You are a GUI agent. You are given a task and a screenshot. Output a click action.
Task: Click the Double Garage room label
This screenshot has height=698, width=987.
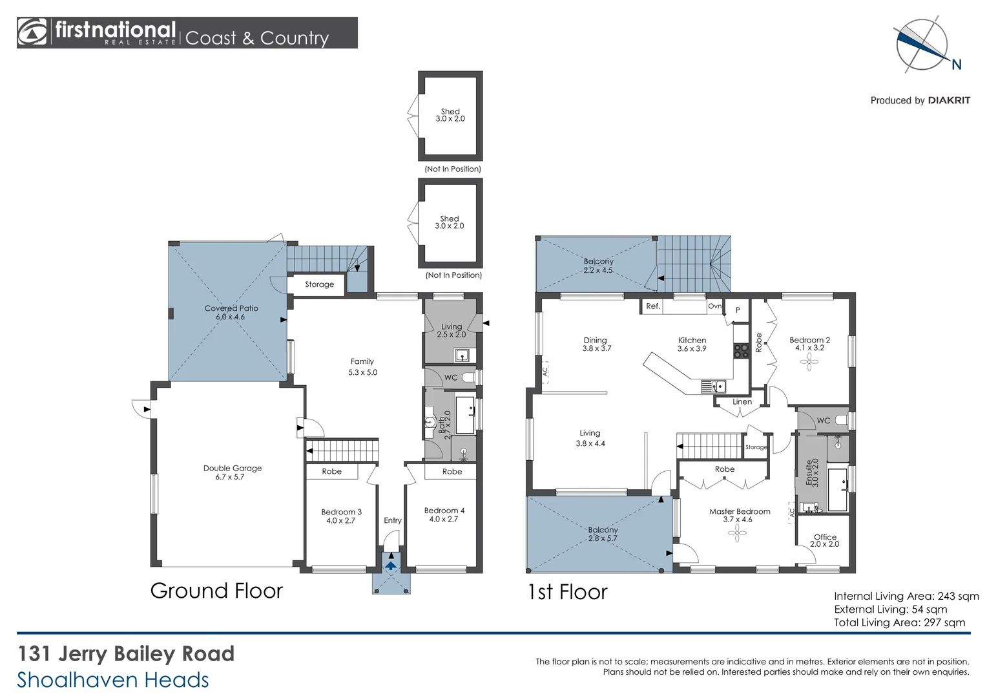pos(233,469)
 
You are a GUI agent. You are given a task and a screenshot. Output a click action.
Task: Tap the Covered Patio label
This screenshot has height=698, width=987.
pos(231,308)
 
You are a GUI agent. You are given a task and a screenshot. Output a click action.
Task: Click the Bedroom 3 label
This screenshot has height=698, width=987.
pos(341,512)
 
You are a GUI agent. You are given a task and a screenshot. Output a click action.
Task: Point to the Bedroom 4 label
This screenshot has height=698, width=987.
pos(444,511)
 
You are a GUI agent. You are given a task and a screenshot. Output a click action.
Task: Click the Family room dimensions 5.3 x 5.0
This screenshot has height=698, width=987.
pos(362,372)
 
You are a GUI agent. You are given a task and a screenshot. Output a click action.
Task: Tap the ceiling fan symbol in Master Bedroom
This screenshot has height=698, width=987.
pos(737,533)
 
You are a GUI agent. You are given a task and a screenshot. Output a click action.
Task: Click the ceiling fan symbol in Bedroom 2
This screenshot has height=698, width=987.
pos(809,362)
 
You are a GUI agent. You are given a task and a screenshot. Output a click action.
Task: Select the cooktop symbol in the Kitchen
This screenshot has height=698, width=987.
pos(741,350)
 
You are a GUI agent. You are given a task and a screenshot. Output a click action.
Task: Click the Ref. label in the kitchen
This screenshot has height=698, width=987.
pos(653,306)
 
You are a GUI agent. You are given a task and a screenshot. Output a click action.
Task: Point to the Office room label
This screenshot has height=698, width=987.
pos(825,537)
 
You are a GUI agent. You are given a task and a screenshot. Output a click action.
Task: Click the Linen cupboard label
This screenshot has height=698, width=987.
pos(742,402)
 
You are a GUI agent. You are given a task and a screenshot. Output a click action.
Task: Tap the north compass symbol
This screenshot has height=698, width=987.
pos(921,45)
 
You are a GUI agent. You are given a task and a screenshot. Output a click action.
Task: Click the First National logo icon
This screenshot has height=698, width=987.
pos(33,32)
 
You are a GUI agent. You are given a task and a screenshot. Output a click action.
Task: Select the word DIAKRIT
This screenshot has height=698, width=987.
pos(949,100)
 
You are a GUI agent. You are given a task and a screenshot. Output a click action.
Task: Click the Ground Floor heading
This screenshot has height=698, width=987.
pos(216,591)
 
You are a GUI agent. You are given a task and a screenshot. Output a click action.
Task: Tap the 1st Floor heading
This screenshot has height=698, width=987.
pos(567,592)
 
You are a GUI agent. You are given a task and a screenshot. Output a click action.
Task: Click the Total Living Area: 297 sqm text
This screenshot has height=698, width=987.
pos(899,622)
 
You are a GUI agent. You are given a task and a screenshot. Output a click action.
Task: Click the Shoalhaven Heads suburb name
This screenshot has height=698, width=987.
pos(113,680)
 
